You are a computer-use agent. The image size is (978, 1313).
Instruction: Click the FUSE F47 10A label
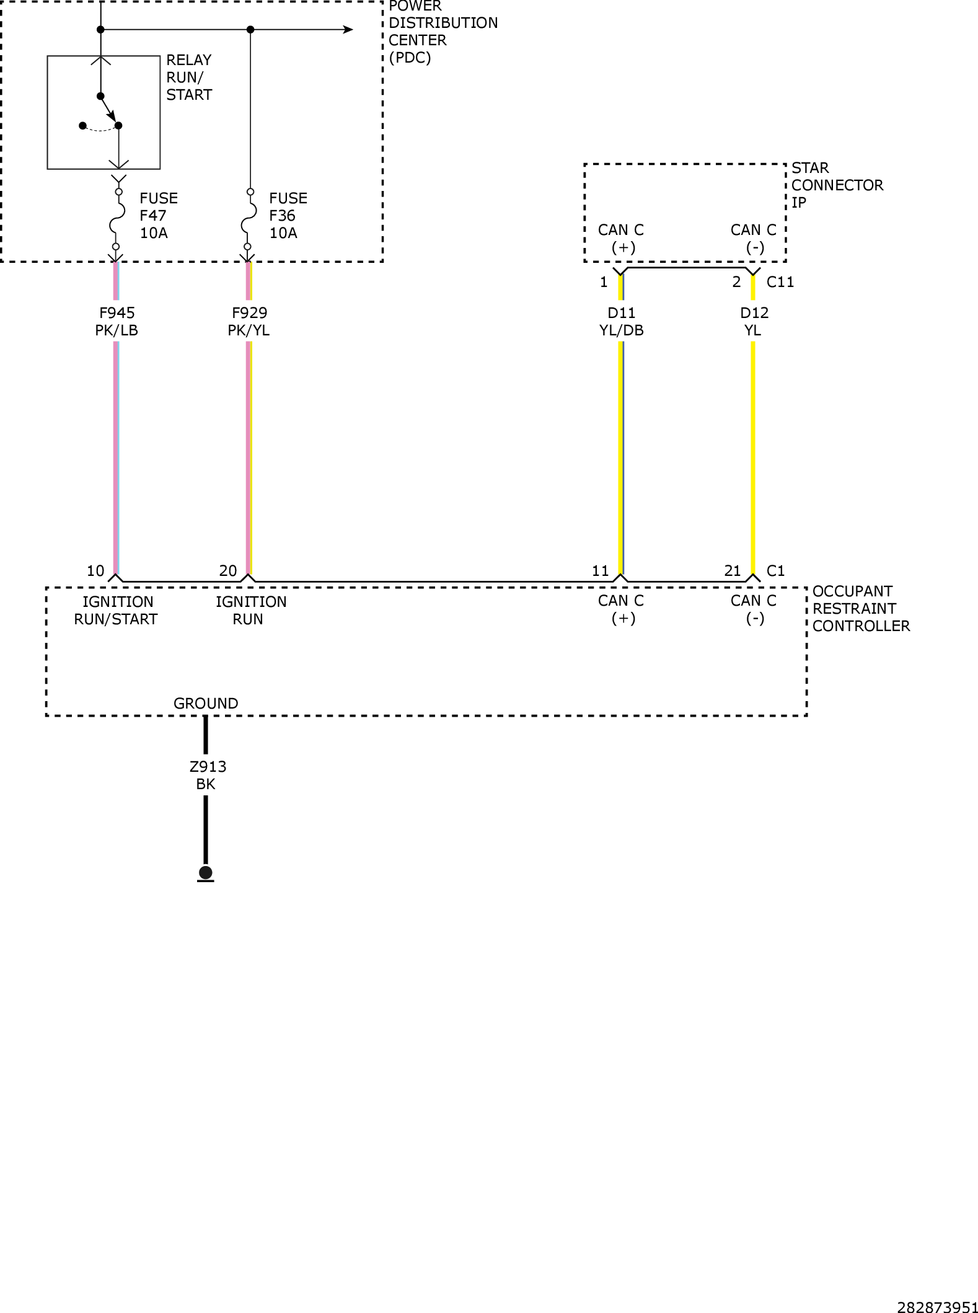158,216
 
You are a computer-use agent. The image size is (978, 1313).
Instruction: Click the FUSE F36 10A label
288,216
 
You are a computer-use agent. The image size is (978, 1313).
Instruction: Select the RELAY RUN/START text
189,77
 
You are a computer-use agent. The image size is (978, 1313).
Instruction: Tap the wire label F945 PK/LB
117,322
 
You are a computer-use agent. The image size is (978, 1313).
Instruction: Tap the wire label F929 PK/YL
249,322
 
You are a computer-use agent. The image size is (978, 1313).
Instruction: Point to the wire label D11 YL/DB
622,322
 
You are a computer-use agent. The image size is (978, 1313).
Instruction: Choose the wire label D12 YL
754,322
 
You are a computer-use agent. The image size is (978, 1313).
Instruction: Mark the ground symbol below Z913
206,873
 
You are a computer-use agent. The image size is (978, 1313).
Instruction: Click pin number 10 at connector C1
95,571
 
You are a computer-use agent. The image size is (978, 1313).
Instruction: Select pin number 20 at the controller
228,571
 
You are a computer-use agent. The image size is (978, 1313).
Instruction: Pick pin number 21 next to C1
733,571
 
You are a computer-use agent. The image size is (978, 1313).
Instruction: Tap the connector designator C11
780,282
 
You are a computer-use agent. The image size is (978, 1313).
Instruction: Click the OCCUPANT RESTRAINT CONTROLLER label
861,609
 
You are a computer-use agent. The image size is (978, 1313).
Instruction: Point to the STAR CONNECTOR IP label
837,185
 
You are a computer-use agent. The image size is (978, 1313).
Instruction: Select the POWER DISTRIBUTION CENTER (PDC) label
443,32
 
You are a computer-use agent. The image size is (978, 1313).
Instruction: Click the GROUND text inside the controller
206,704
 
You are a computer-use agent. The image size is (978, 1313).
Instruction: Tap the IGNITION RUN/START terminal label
117,611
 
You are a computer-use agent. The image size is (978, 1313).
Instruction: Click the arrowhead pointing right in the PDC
348,29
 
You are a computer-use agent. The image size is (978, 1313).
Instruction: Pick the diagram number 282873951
937,1307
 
